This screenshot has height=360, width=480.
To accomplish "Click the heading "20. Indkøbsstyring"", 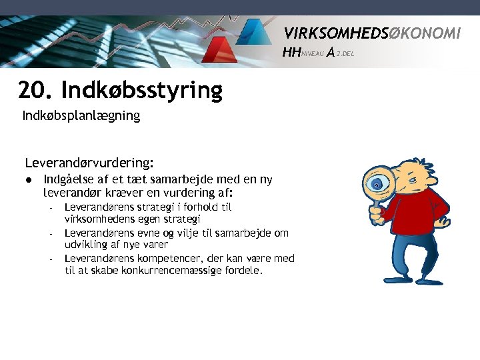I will pyautogui.click(x=120, y=89).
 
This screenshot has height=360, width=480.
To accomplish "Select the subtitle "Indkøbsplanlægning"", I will pyautogui.click(x=81, y=116).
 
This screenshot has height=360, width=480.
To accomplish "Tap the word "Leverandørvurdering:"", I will pyautogui.click(x=89, y=162).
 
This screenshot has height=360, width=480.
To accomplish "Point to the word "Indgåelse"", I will pyautogui.click(x=68, y=179).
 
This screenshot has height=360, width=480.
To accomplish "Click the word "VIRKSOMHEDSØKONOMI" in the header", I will pyautogui.click(x=372, y=33).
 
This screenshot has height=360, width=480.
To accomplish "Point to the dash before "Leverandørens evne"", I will pyautogui.click(x=51, y=233).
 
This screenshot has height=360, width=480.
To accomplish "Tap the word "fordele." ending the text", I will pyautogui.click(x=245, y=271).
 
